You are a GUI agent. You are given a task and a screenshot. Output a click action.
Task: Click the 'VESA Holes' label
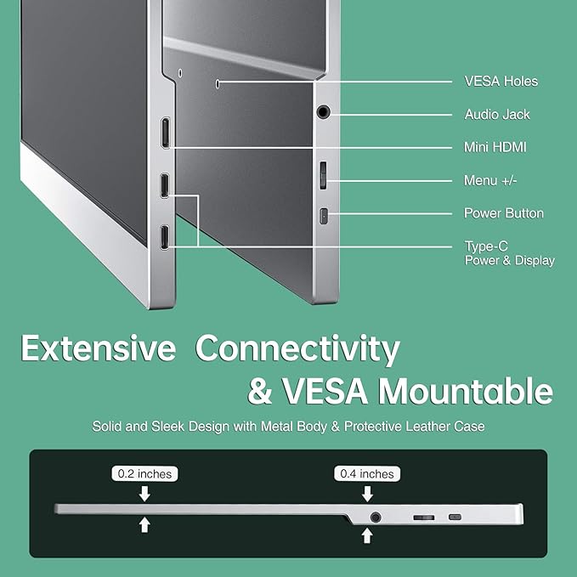(x=501, y=82)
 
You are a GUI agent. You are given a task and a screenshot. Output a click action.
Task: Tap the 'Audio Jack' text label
(x=496, y=114)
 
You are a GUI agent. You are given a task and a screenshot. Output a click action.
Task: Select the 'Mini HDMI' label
(x=495, y=147)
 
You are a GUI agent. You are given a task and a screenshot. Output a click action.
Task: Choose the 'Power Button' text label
(x=503, y=213)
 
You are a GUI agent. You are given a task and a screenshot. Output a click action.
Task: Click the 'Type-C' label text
(x=486, y=246)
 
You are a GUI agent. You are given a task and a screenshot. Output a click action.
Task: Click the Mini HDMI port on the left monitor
(x=165, y=133)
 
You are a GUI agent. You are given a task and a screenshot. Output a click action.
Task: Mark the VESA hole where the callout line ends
(x=218, y=82)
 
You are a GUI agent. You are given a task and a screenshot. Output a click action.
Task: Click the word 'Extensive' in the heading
(x=99, y=349)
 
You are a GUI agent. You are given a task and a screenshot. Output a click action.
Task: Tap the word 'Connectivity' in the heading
(x=297, y=349)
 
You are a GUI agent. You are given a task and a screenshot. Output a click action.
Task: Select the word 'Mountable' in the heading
(x=465, y=391)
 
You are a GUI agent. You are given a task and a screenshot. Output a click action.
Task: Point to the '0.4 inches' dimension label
(x=368, y=473)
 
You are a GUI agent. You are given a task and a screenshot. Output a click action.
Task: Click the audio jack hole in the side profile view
(x=375, y=516)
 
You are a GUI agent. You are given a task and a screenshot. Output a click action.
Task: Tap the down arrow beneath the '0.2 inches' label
(x=144, y=493)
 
